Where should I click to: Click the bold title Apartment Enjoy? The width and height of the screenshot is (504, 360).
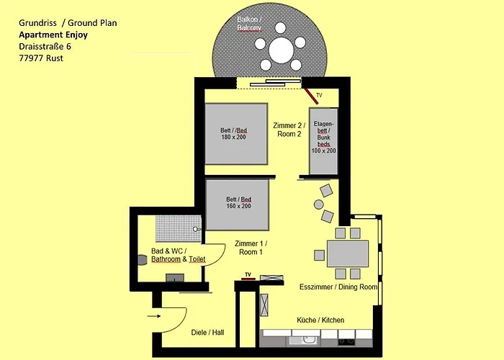coord(53,35)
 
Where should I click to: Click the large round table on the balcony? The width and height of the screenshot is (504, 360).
coord(281,51)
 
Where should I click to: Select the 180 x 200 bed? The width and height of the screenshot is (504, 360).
coord(236,134)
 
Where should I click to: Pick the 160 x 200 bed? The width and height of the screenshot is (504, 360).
coord(237,204)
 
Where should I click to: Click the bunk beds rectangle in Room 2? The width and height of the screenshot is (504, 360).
coord(323,141)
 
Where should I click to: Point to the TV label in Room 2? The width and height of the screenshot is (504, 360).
coord(319,95)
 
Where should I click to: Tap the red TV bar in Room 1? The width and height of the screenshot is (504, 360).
coord(248,279)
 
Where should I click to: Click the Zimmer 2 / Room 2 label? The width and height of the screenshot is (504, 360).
coord(289,130)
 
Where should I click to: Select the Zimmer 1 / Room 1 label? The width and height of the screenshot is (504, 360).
coord(251,248)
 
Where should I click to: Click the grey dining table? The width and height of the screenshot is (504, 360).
coord(348,253)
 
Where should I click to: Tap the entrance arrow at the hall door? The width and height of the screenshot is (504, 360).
coord(154,316)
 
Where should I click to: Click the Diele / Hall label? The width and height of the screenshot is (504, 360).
coord(207,333)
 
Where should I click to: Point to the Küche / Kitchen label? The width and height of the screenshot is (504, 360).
coord(320,320)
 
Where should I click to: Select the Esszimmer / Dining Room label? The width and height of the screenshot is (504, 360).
coord(338,287)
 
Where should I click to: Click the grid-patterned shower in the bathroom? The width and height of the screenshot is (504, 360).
coord(179,228)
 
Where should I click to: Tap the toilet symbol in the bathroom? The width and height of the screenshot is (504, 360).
coord(142,260)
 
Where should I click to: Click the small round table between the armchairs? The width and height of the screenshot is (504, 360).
coord(318,204)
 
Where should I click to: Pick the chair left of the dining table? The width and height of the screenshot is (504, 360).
coord(319,255)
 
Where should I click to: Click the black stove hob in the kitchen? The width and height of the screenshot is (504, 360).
coord(346,342)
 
